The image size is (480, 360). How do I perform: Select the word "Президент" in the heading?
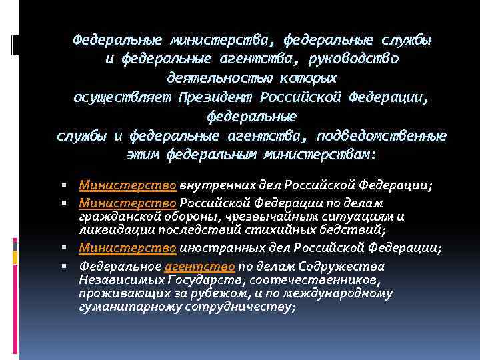(x=214, y=98)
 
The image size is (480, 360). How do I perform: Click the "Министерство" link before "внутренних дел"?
(x=127, y=185)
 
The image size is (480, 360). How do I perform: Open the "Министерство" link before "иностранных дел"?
(x=127, y=248)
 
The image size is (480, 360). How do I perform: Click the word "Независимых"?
(x=116, y=280)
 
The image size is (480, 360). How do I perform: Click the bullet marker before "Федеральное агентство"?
(x=70, y=266)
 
